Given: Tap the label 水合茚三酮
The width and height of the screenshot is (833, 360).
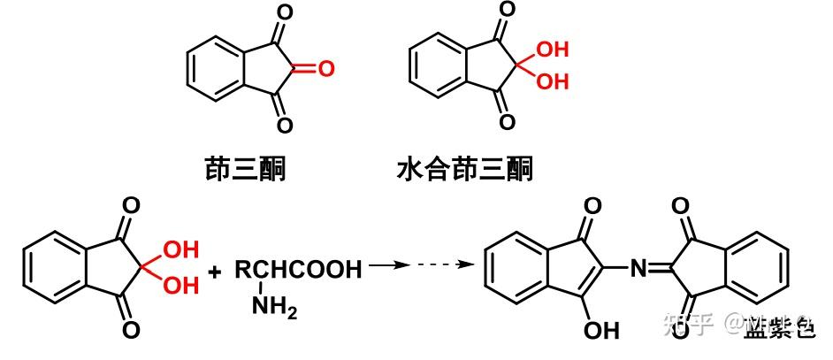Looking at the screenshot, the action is pyautogui.click(x=464, y=167).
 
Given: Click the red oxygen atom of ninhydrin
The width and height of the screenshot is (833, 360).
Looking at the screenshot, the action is pyautogui.click(x=326, y=69).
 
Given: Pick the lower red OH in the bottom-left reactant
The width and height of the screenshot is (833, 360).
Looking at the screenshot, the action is pyautogui.click(x=180, y=285).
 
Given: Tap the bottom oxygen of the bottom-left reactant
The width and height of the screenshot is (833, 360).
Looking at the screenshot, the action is pyautogui.click(x=132, y=330).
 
